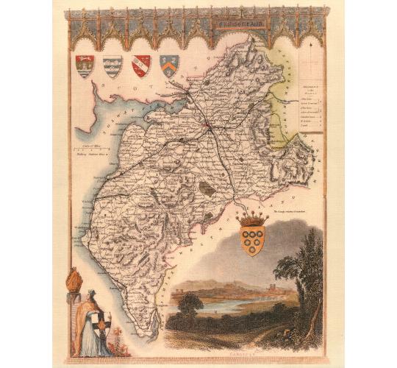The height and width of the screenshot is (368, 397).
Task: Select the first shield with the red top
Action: click(x=85, y=66)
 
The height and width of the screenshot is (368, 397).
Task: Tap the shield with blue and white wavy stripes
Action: click(x=112, y=66)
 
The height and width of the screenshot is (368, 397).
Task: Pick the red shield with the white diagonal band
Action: click(x=140, y=66)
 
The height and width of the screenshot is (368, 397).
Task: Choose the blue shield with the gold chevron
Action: click(x=169, y=66)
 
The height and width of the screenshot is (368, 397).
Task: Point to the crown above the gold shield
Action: click(x=254, y=218)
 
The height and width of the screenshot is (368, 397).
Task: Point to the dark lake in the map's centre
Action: click(x=208, y=188)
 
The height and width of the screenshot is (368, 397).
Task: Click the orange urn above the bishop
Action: click(x=73, y=282)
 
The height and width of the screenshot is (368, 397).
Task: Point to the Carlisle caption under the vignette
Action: click(x=243, y=352)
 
